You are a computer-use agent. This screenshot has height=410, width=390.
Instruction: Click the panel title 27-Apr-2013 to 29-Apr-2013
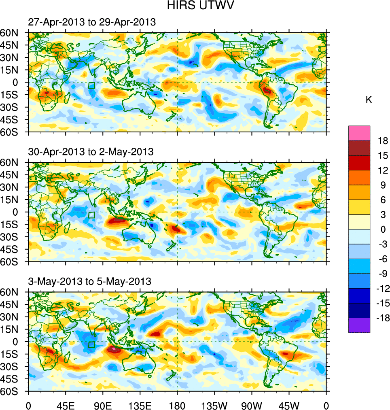[x=92, y=22]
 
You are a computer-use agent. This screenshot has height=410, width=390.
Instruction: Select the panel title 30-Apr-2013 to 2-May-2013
[x=91, y=152]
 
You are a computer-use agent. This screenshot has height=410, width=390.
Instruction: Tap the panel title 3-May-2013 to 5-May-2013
[x=89, y=281]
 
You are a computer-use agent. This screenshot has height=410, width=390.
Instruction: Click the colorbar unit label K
[x=369, y=100]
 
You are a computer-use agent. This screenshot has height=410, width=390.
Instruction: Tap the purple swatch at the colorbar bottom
[x=359, y=325]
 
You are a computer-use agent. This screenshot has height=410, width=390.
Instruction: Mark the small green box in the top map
[x=92, y=85]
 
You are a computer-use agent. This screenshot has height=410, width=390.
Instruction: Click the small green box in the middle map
[x=92, y=215]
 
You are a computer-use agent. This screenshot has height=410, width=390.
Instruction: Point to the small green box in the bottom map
[x=92, y=344]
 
